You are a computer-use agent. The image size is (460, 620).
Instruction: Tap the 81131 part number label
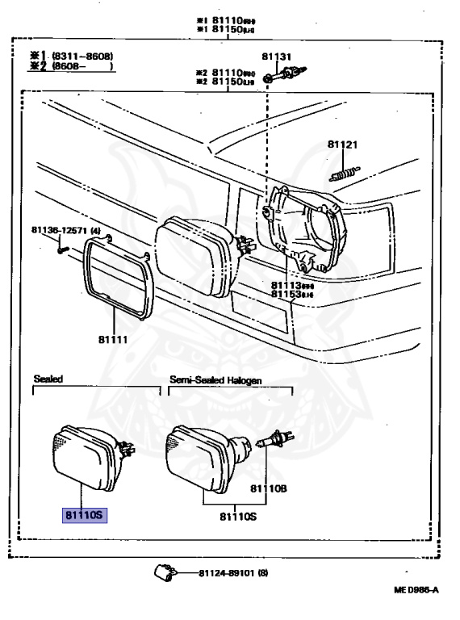276,57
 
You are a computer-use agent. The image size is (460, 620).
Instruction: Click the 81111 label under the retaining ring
114,340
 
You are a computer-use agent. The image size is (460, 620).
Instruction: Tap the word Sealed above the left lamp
48,378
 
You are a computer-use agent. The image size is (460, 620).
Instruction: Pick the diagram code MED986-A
416,590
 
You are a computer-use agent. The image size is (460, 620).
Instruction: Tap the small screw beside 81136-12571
62,249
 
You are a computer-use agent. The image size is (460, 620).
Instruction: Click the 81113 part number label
286,285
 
